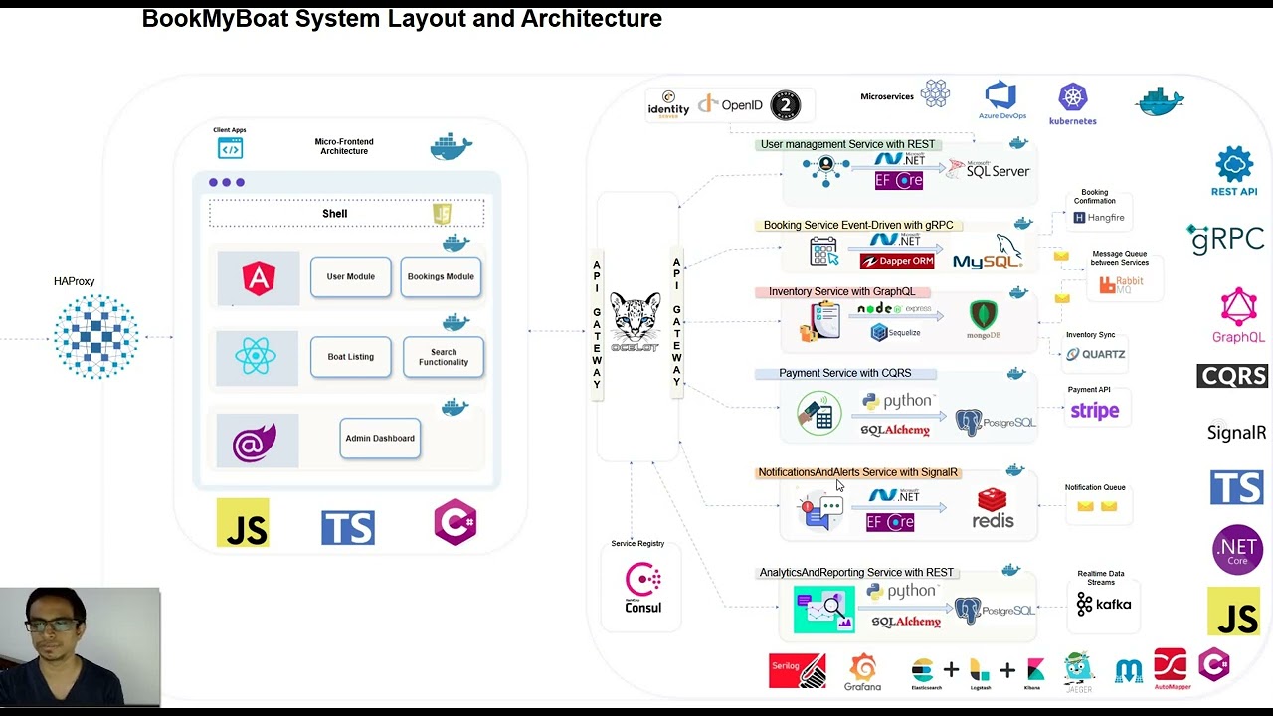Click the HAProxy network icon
96,337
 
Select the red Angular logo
258,277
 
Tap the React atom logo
257,357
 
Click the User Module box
350,277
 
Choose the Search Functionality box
443,357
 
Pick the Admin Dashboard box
379,439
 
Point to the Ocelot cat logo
636,321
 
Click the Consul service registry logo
642,587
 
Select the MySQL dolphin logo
989,254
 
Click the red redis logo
993,508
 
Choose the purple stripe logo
1094,411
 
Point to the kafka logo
1103,604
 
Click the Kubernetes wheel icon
1072,98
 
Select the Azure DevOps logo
1000,97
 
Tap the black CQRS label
1231,376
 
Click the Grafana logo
862,671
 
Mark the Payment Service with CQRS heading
844,373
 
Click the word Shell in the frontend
334,214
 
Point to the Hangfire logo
1098,217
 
